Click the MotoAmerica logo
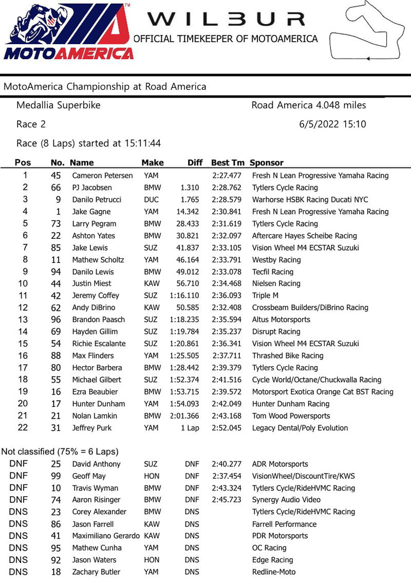(68, 32)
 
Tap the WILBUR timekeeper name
(226, 19)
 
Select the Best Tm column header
(228, 163)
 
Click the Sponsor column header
(266, 163)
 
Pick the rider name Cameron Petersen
(102, 176)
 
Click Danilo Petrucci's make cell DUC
(152, 200)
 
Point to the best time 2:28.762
(227, 187)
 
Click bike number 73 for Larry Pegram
(55, 224)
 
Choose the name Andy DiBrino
(95, 308)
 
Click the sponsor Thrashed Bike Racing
(288, 355)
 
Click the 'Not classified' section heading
(60, 451)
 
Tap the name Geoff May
(90, 476)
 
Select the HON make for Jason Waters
(152, 560)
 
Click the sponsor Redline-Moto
(274, 572)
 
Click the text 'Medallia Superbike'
(59, 105)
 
